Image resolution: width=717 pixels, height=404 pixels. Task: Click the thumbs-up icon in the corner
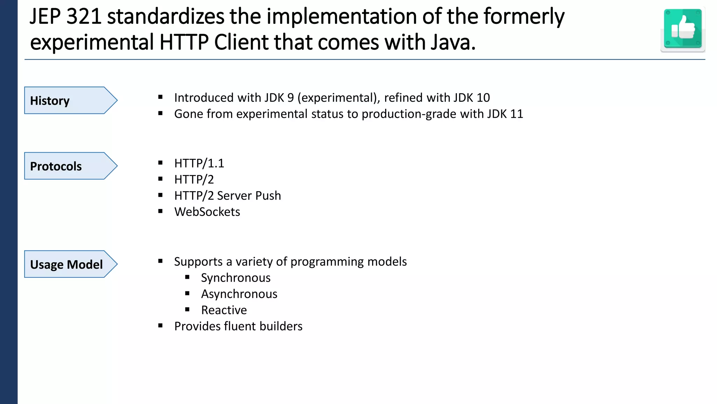(x=683, y=29)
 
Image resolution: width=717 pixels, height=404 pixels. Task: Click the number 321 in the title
(x=84, y=17)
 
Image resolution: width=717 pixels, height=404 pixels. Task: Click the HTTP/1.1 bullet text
(x=199, y=163)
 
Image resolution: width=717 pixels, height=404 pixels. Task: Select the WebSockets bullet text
(x=207, y=212)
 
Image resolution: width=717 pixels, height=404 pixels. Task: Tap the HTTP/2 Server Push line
(x=228, y=196)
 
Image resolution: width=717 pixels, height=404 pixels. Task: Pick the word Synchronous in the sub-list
(x=236, y=278)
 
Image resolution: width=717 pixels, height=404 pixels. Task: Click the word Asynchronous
(x=239, y=294)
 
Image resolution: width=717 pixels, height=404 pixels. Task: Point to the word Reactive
(x=224, y=310)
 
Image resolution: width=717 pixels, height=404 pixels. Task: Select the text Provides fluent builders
(x=238, y=326)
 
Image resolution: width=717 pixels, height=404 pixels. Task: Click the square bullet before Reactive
(x=187, y=310)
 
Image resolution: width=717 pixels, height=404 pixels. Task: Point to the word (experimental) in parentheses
(x=339, y=98)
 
